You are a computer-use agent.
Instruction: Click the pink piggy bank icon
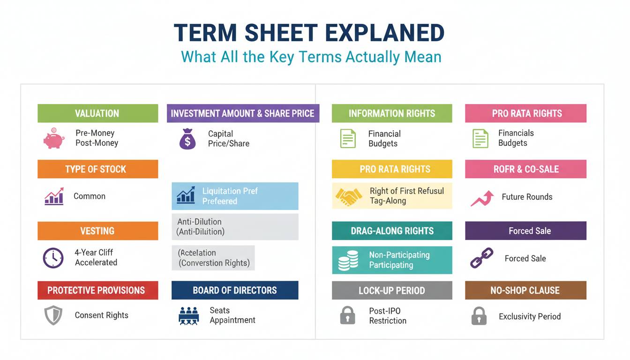point(54,138)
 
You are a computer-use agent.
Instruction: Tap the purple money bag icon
point(187,139)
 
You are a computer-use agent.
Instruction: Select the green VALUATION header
point(98,113)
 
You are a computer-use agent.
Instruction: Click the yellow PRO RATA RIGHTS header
point(392,169)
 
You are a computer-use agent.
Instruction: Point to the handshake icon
point(349,196)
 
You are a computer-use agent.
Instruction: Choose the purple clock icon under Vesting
point(53,258)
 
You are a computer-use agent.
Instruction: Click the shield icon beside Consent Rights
point(53,315)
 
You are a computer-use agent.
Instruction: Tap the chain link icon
point(481,258)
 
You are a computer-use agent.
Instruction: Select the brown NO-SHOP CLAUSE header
point(525,290)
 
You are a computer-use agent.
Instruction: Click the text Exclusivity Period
point(530,316)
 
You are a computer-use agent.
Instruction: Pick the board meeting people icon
point(189,316)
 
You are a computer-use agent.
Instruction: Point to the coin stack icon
point(348,261)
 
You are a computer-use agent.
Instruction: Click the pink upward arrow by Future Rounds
point(482,198)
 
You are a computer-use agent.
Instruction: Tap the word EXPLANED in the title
point(385,33)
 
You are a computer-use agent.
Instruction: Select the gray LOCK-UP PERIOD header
point(392,290)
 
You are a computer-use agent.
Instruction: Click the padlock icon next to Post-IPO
point(348,315)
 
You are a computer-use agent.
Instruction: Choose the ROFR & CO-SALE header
point(525,169)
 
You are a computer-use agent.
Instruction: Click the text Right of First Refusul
point(407,191)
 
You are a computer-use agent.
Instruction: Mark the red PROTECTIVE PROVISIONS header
point(98,290)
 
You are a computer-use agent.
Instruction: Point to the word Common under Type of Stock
point(90,196)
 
